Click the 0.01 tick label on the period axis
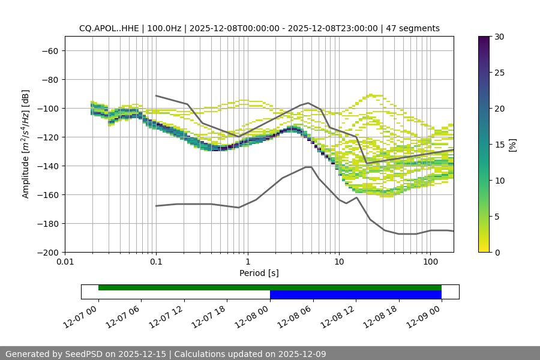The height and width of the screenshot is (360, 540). tap(65, 262)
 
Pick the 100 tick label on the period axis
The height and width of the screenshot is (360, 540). tap(430, 262)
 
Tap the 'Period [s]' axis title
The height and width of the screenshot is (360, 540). tap(259, 273)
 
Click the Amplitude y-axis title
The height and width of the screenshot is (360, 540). tap(26, 144)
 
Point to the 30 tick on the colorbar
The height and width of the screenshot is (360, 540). tap(499, 37)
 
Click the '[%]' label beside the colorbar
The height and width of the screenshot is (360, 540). tap(512, 145)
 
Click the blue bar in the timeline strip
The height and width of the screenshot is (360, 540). tap(355, 295)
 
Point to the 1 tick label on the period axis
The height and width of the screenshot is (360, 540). tap(247, 262)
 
